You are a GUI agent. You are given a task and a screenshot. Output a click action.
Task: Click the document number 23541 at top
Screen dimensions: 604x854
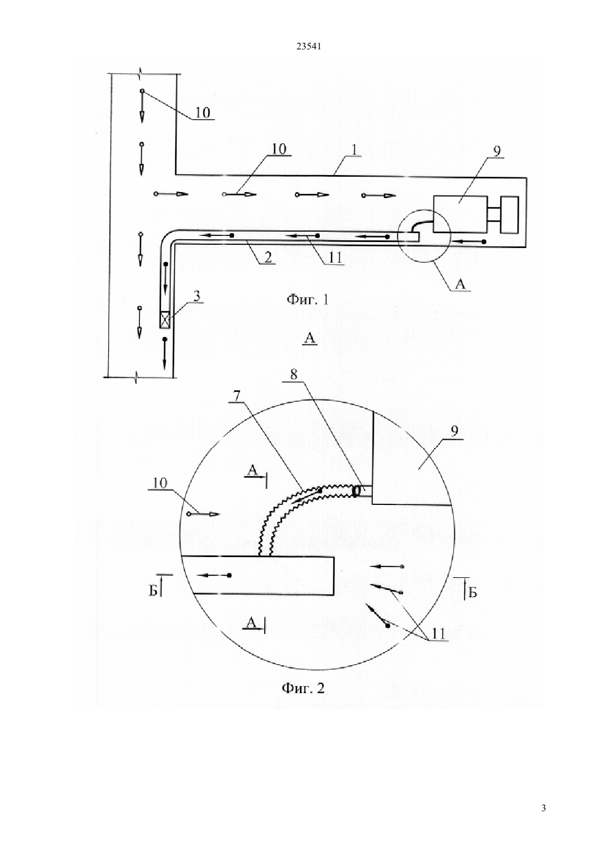[x=309, y=47]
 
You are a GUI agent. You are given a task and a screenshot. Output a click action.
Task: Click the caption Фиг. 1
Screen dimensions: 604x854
[x=307, y=299]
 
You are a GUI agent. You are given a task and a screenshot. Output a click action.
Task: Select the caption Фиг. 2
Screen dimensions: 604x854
[x=303, y=688]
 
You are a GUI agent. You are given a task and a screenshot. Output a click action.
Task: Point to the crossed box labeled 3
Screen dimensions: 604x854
[x=165, y=319]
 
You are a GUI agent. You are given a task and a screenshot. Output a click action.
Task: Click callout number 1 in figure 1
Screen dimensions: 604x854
[x=355, y=149]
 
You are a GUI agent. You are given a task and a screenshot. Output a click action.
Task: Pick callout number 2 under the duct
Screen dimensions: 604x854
[x=268, y=257]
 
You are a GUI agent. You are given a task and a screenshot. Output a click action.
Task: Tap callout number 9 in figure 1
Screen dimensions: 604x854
[x=497, y=151]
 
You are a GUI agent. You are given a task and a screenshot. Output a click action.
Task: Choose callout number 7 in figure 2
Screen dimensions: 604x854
[x=237, y=396]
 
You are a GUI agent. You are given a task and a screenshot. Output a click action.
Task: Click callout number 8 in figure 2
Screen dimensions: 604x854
[x=293, y=374]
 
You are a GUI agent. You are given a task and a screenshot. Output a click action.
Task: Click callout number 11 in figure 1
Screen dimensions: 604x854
[x=335, y=258]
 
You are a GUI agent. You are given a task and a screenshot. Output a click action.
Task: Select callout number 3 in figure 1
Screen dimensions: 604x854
[x=197, y=296]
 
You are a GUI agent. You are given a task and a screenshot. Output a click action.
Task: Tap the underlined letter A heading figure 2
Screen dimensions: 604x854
[x=310, y=338]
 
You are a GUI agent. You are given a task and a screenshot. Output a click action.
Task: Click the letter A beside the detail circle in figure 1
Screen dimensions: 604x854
[x=461, y=284]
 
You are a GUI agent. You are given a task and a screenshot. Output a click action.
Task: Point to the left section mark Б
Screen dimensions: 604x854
[x=153, y=591]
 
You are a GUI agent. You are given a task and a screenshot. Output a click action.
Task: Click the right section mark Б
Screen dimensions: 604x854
[x=472, y=593]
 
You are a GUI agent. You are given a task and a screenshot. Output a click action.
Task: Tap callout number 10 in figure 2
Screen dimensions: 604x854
[x=160, y=483]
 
